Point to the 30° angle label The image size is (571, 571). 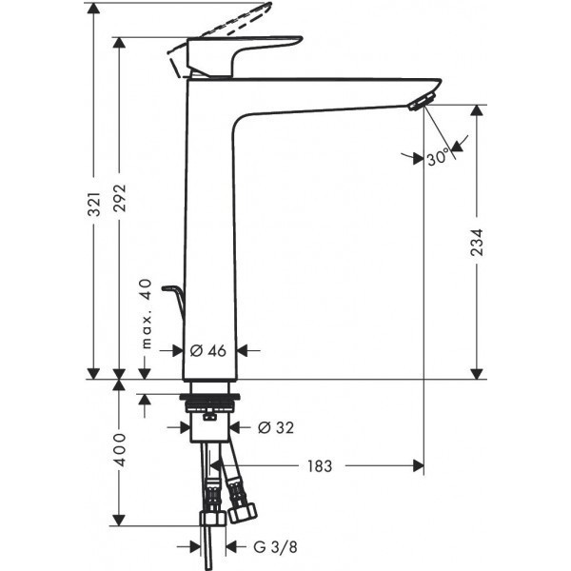coord(438,159)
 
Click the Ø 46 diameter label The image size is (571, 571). coord(208,350)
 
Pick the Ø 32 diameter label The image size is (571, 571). coord(276,427)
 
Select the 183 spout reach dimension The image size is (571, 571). coord(319,466)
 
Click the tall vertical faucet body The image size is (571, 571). coord(209,238)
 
